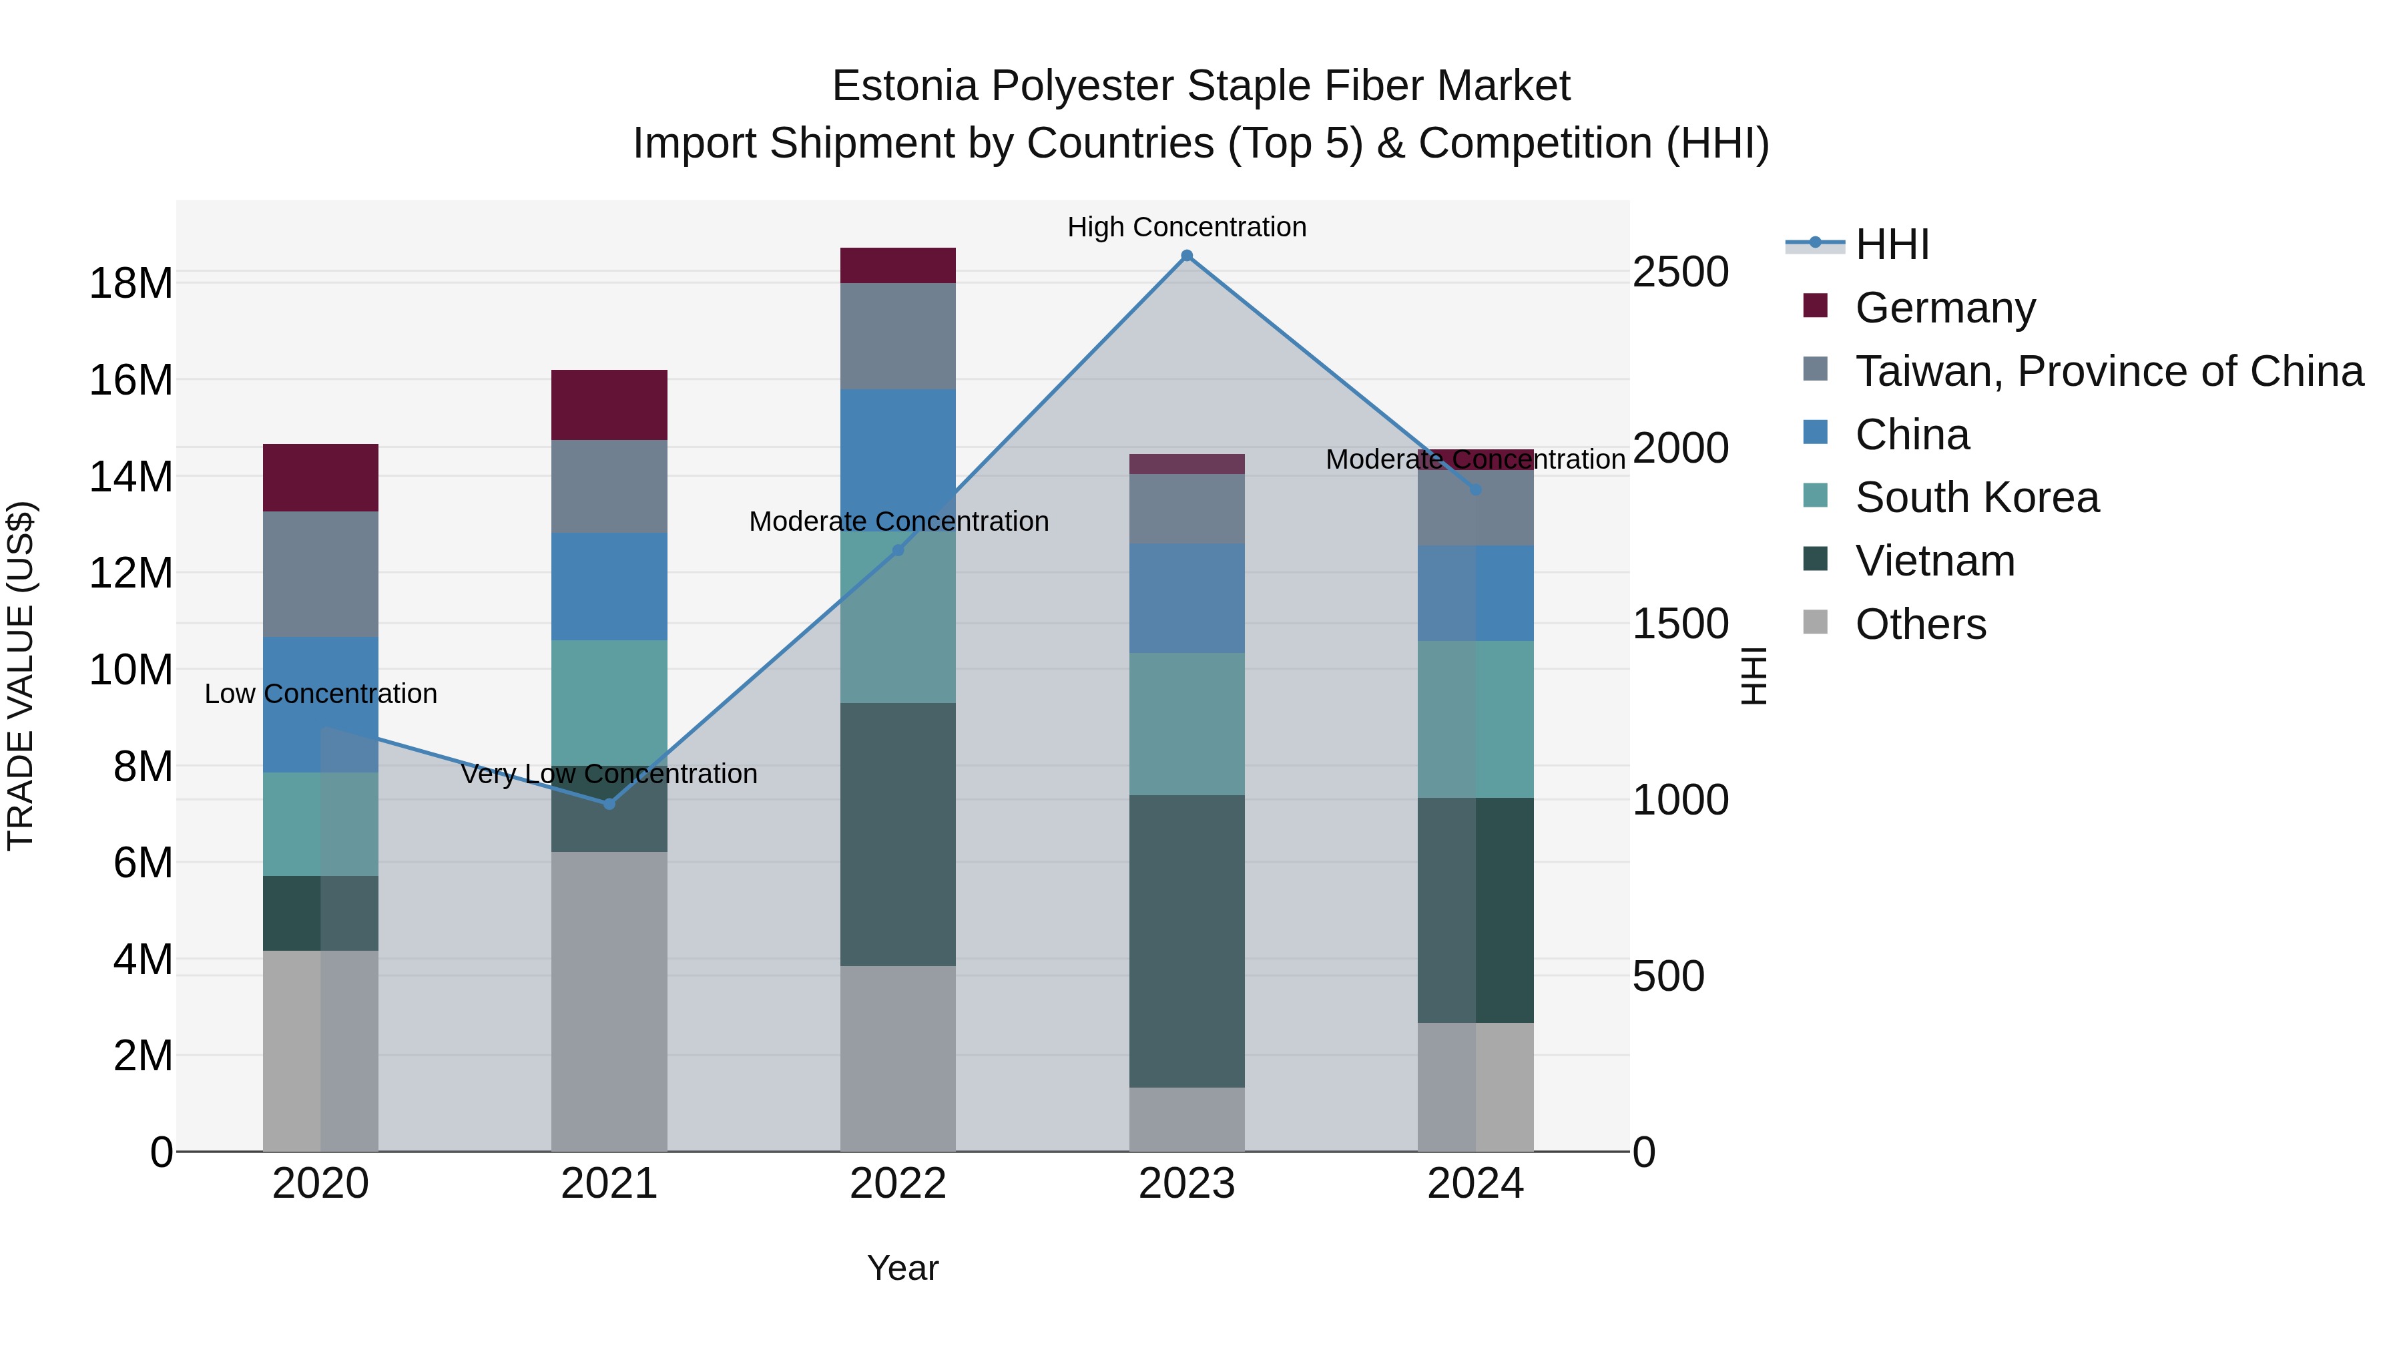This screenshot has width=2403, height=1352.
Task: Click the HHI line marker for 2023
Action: (x=1187, y=256)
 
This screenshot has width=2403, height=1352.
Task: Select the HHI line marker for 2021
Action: (x=609, y=803)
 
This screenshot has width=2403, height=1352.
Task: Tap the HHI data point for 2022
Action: (x=898, y=551)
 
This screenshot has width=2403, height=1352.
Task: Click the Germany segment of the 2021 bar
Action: (x=609, y=405)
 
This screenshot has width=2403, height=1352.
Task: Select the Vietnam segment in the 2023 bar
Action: (x=1187, y=941)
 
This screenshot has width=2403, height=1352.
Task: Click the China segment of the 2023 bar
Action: (x=1187, y=598)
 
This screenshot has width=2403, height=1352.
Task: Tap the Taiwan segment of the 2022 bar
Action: (x=898, y=336)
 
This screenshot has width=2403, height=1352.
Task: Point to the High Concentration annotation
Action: (x=1187, y=227)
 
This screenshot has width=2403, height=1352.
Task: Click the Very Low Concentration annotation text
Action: (x=609, y=774)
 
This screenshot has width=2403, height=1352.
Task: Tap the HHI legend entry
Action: (x=1891, y=244)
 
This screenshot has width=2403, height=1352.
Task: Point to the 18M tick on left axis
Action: (x=131, y=282)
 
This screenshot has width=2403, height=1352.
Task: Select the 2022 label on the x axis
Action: (x=898, y=1184)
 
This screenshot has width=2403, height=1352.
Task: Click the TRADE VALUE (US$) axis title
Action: (x=21, y=676)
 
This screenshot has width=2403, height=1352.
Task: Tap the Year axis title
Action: (x=902, y=1268)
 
